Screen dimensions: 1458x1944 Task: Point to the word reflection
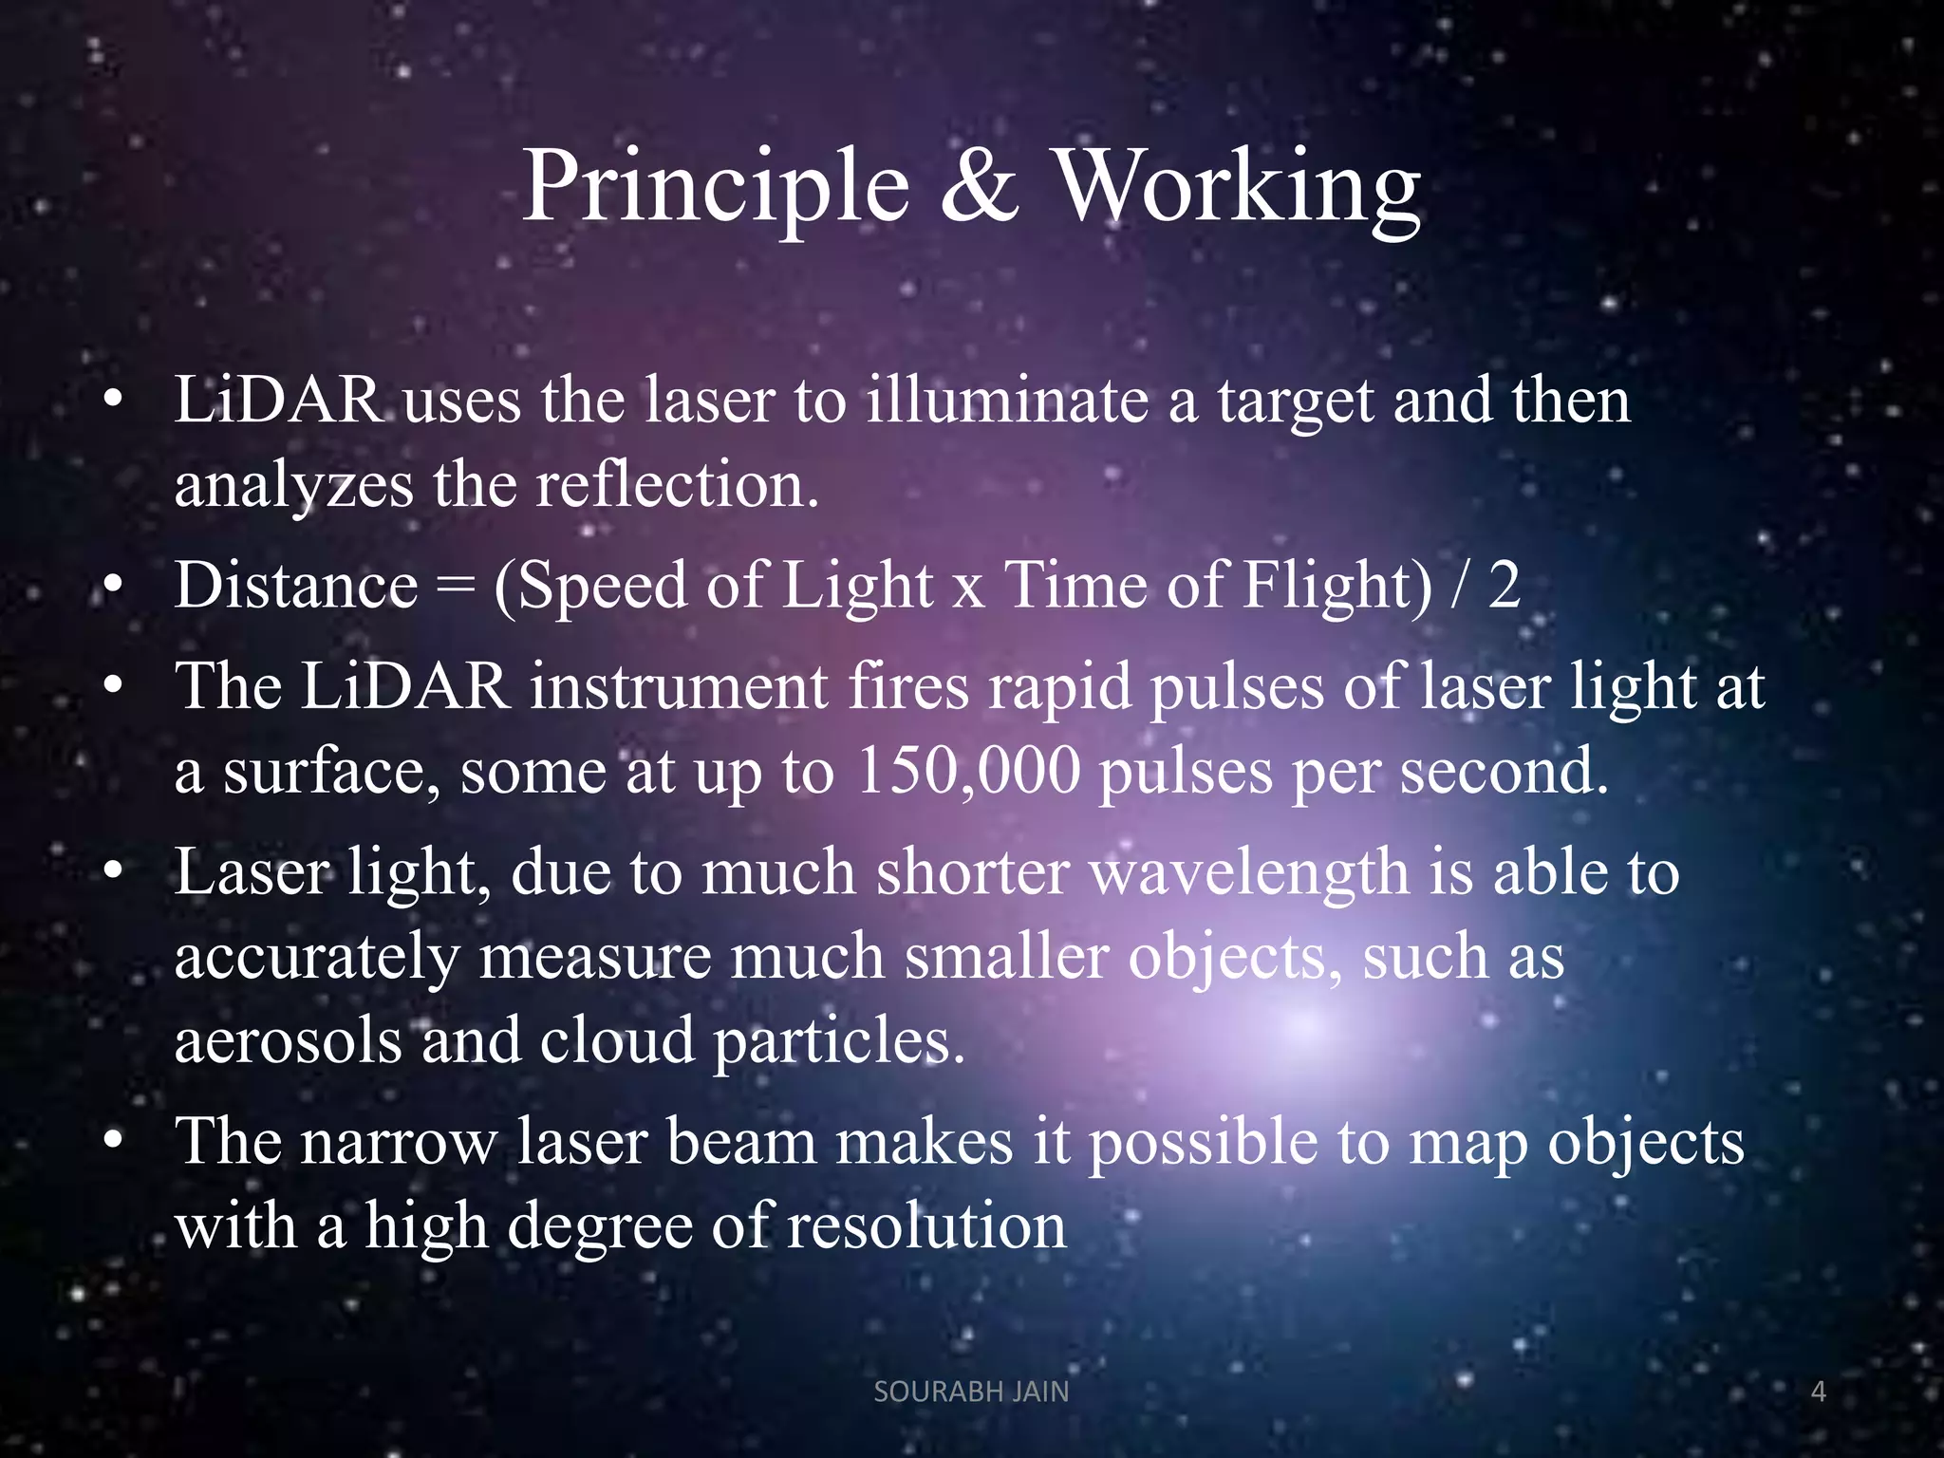point(676,484)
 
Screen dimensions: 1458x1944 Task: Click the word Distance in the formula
point(296,585)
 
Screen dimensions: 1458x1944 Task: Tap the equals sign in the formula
point(456,587)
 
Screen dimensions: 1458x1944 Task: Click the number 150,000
point(968,770)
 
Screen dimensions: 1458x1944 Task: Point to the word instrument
point(679,686)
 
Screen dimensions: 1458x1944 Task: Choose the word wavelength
point(1249,871)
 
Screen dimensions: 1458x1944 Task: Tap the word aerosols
point(288,1040)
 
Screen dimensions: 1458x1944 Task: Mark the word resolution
point(926,1225)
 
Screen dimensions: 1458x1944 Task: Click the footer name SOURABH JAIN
point(971,1392)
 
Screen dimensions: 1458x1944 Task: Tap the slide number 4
point(1819,1392)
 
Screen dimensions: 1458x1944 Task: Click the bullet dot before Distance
point(114,587)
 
